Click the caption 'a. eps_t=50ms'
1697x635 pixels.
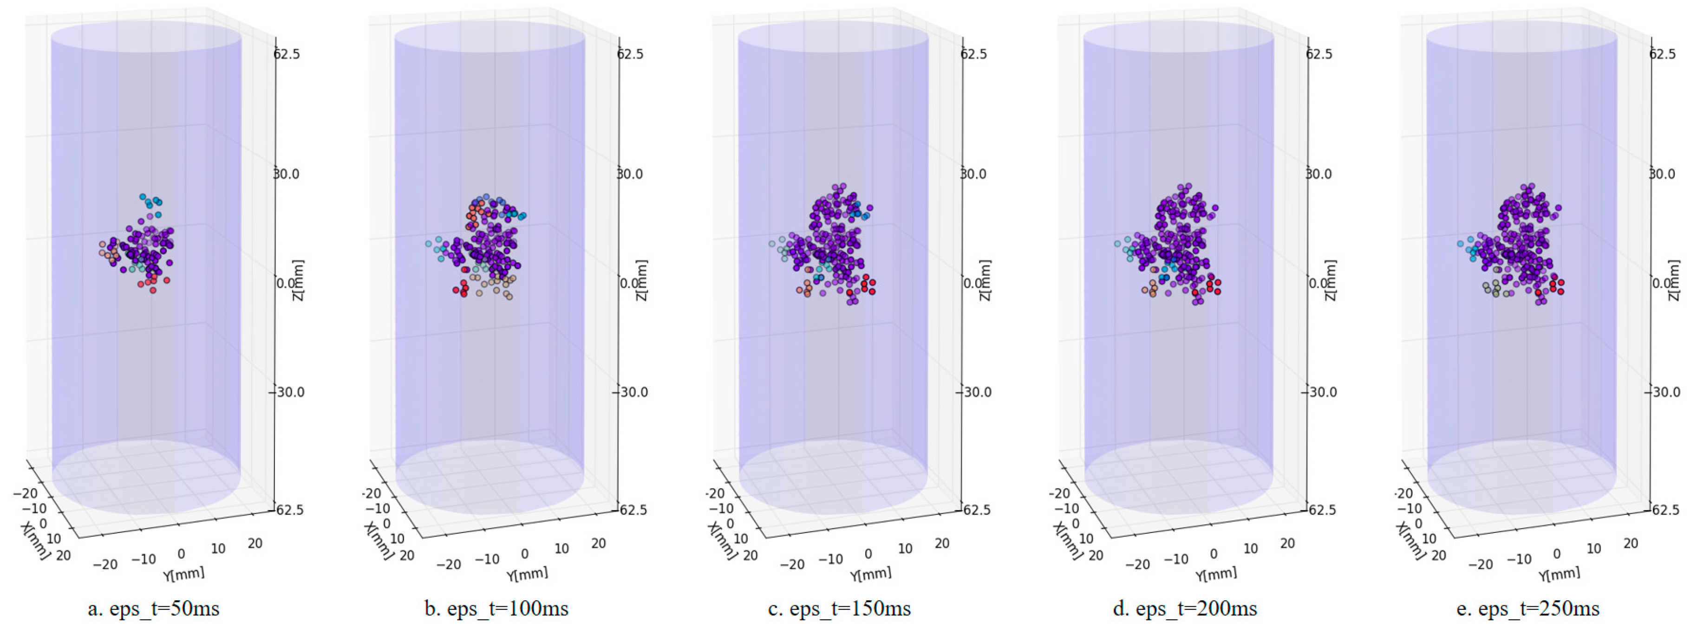tap(154, 609)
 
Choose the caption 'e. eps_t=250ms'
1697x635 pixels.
tap(1527, 609)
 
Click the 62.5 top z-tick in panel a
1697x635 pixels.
tap(287, 54)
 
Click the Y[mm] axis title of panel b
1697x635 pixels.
tap(527, 574)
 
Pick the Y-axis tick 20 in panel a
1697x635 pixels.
tap(255, 544)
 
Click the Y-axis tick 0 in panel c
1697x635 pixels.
tap(868, 554)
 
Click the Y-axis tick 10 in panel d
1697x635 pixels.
tap(1250, 548)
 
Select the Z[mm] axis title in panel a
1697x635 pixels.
tap(299, 280)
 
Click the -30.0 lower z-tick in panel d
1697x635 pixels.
tap(1321, 392)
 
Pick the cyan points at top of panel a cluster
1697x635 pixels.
tap(151, 200)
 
